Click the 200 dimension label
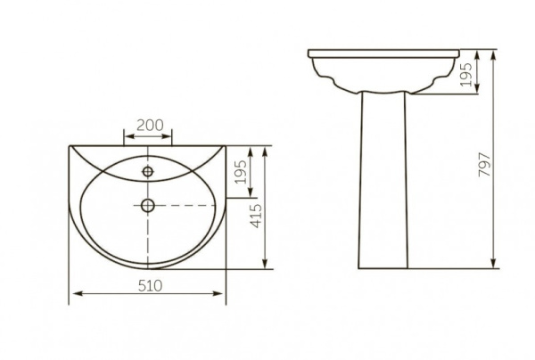click(x=150, y=125)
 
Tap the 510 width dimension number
click(x=150, y=286)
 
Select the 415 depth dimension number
click(x=256, y=216)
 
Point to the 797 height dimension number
click(x=484, y=165)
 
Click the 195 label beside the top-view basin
click(x=242, y=172)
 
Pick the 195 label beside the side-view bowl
click(x=466, y=75)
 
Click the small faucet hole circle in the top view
click(x=148, y=171)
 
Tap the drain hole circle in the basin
click(x=148, y=205)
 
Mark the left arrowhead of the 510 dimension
click(x=78, y=293)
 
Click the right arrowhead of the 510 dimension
click(x=218, y=293)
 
